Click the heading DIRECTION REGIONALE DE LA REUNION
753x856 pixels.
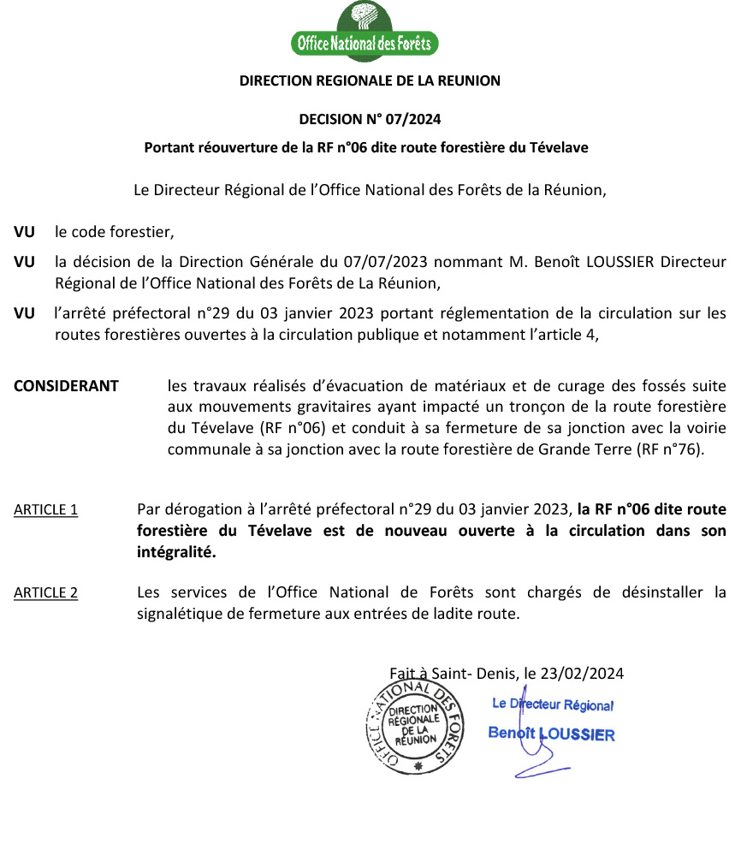(x=370, y=81)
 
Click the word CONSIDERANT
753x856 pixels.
(x=66, y=385)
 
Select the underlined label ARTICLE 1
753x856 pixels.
(x=45, y=510)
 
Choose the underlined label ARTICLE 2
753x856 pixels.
(x=45, y=592)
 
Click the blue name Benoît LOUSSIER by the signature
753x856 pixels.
(x=551, y=734)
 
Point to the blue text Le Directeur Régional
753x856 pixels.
(x=553, y=704)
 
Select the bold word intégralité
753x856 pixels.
(x=176, y=552)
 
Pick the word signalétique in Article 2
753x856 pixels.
(x=178, y=613)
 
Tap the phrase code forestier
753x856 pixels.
(x=122, y=232)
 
